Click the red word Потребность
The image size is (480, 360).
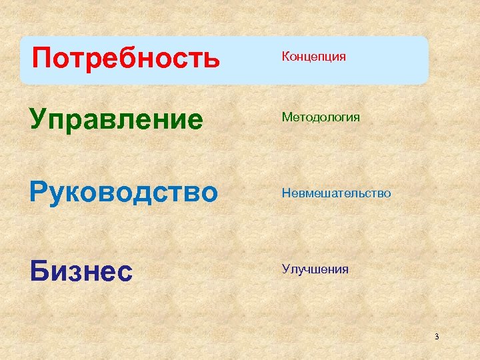[x=125, y=58]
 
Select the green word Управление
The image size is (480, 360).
[x=116, y=120]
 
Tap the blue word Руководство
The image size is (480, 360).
[x=123, y=192]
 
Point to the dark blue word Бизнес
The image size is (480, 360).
[x=80, y=271]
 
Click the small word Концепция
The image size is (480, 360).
[x=313, y=57]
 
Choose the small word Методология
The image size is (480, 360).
[x=321, y=117]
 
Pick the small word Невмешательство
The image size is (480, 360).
[x=336, y=193]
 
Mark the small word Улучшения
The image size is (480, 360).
[x=315, y=269]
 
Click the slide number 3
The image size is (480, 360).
[x=437, y=336]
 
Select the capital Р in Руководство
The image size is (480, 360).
[x=38, y=192]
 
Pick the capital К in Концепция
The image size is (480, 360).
[x=285, y=57]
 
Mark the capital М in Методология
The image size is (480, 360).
[x=286, y=117]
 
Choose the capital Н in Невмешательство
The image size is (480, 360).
[x=285, y=193]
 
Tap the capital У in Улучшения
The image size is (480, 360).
[x=285, y=269]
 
